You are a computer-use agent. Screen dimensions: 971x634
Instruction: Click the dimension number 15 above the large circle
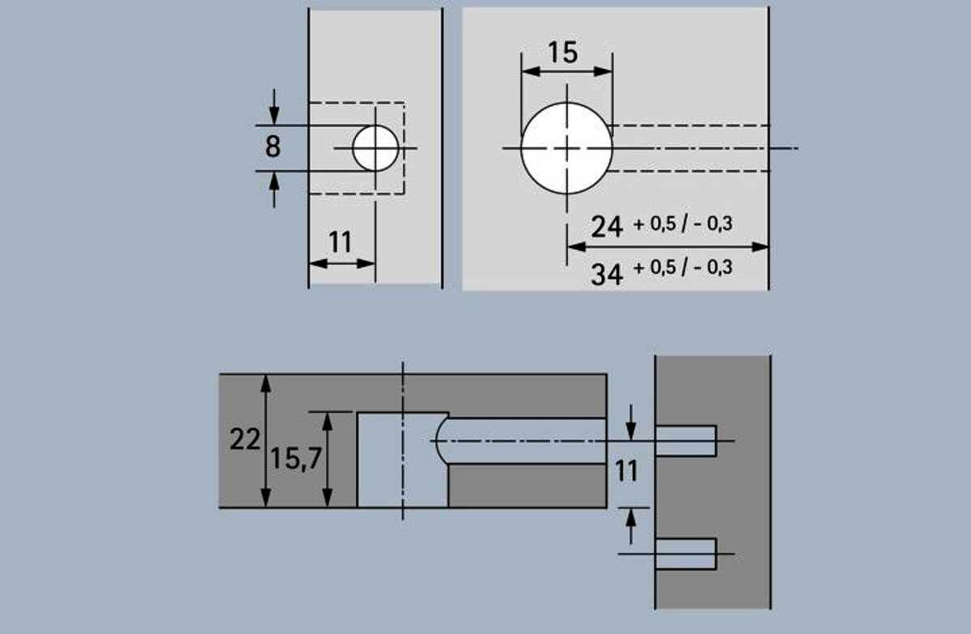pos(562,53)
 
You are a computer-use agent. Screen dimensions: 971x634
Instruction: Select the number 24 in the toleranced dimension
pos(607,227)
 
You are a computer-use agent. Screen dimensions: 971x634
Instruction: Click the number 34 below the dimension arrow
pos(607,274)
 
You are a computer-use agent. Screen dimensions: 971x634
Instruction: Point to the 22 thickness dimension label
pos(245,439)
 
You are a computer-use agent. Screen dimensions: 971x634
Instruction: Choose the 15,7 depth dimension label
pos(296,459)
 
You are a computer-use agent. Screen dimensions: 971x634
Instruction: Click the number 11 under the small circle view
pos(341,242)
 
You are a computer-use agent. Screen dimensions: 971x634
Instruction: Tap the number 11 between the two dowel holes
pos(627,471)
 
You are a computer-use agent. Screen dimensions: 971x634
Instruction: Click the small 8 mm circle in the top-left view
pos(375,148)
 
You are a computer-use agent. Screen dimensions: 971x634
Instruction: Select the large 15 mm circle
pos(566,148)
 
